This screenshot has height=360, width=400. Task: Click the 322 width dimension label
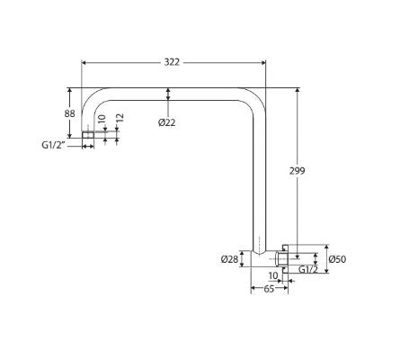pos(172,62)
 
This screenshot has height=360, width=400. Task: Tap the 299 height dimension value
pos(297,171)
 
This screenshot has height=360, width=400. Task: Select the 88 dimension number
pos(70,113)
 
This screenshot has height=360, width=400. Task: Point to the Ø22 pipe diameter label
pos(167,122)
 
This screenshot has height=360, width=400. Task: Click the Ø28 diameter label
pos(229,259)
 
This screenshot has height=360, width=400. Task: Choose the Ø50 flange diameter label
pos(337,259)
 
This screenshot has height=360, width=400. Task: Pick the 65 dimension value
pos(269,289)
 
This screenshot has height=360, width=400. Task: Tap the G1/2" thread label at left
pos(53,145)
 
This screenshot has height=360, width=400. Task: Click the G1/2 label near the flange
pos(308,269)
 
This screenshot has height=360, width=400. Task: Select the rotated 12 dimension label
pos(120,118)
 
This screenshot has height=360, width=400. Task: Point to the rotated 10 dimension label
pos(102,119)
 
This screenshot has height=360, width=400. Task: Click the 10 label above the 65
pos(273,275)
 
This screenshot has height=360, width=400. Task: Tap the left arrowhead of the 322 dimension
pos(84,62)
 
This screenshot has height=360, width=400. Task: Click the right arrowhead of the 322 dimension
pos(263,62)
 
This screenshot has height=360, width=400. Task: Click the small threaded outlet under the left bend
pos(88,135)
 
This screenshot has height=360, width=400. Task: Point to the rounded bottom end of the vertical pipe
pos(259,252)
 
